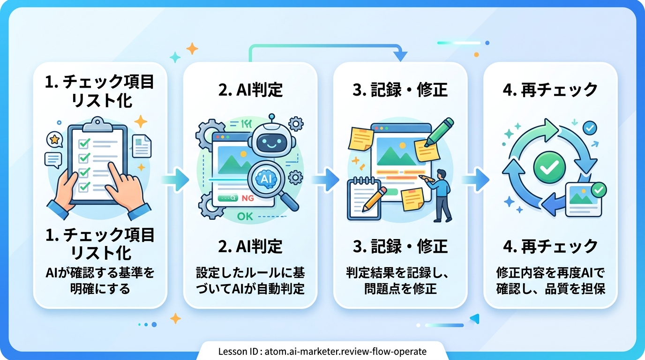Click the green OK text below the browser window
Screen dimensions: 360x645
point(245,217)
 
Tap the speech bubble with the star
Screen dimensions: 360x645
point(55,140)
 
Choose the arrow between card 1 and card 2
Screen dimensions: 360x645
point(175,179)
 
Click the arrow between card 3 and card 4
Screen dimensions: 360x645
point(475,179)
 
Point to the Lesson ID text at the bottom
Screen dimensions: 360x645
point(322,351)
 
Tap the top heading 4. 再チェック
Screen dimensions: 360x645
point(550,90)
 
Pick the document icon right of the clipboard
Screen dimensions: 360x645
point(142,146)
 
